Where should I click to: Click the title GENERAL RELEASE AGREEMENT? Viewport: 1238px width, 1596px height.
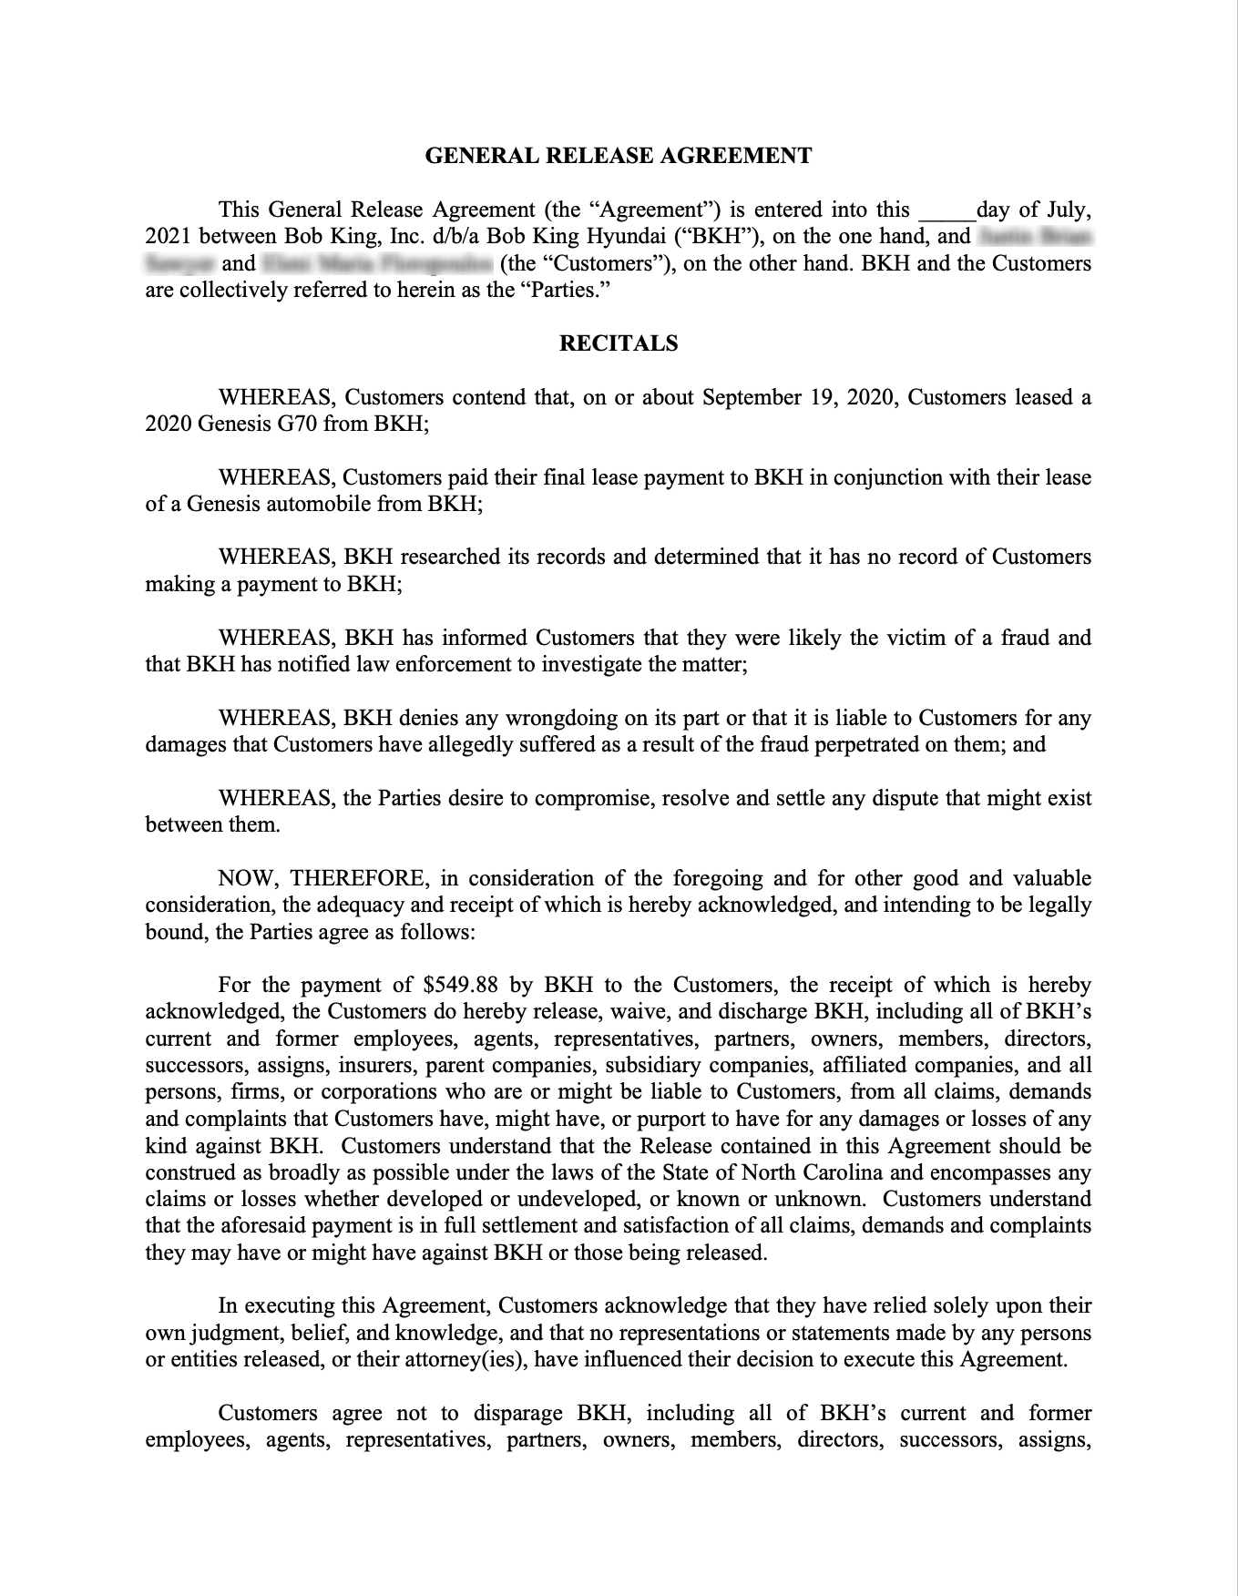tap(619, 156)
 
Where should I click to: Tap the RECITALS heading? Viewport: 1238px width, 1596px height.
tap(619, 343)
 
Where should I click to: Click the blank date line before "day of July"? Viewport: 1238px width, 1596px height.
tap(946, 212)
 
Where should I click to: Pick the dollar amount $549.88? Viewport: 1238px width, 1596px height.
tap(460, 985)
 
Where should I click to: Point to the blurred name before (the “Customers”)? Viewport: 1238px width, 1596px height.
tap(377, 264)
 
